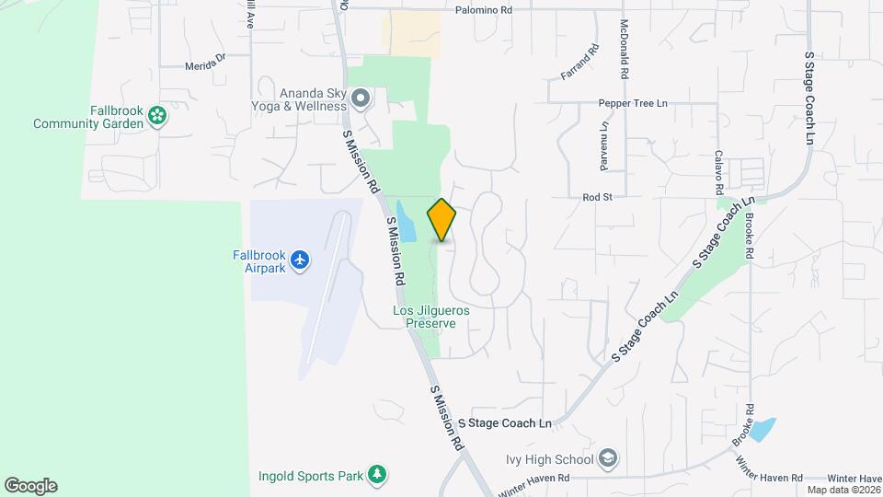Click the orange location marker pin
(x=441, y=220)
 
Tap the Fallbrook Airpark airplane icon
(x=299, y=260)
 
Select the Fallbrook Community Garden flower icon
(x=158, y=116)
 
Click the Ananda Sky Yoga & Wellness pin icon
(x=361, y=98)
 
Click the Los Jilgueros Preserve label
(x=431, y=318)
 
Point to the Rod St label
(x=597, y=197)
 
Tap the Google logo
(x=30, y=486)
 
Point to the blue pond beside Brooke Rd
(x=763, y=429)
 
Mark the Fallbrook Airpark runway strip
(x=327, y=295)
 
